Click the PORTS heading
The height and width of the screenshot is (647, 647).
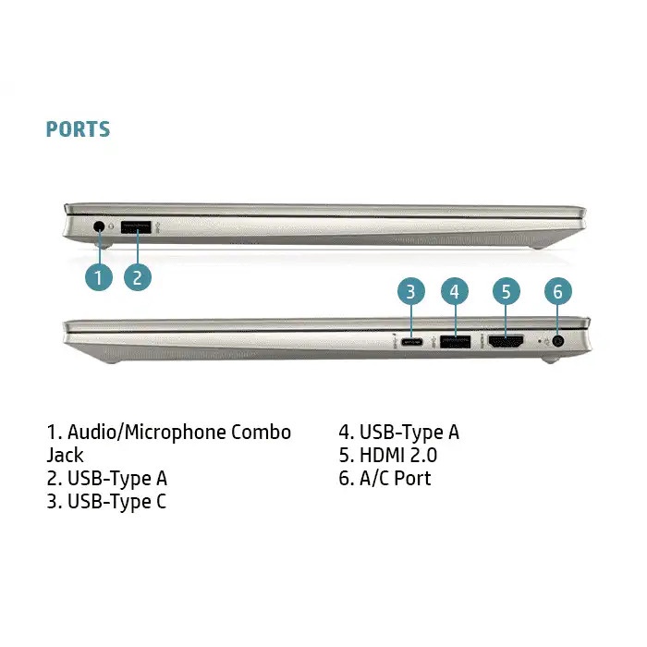click(78, 129)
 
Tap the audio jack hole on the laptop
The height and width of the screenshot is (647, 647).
click(99, 226)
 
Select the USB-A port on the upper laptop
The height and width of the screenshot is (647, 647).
click(136, 227)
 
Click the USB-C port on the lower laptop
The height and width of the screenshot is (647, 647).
click(411, 342)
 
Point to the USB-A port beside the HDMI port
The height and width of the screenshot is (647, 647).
click(455, 342)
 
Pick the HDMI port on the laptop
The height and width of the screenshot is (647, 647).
click(506, 342)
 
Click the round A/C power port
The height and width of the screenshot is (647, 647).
click(558, 342)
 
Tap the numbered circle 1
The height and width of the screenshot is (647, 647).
click(99, 277)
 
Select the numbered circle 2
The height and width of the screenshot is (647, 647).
click(138, 277)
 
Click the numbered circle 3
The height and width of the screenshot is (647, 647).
click(411, 292)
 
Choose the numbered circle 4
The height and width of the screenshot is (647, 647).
click(455, 292)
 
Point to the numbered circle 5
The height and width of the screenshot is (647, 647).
click(507, 292)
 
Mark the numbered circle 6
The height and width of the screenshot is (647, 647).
click(558, 292)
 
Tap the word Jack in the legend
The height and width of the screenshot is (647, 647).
click(65, 456)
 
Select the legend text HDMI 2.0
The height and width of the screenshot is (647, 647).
click(398, 456)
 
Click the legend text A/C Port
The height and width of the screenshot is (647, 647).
click(396, 479)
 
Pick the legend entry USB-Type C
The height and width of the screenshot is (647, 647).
click(106, 502)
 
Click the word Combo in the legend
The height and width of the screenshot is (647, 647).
click(261, 433)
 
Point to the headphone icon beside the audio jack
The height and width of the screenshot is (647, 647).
click(111, 226)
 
